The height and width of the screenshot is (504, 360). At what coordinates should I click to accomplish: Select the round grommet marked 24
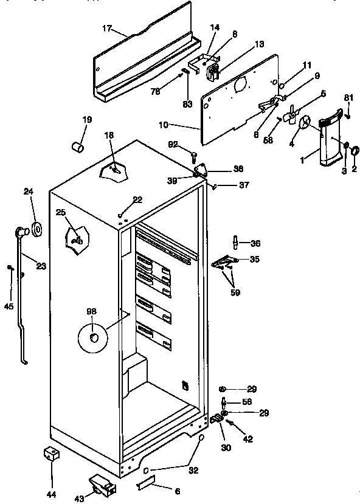click(x=36, y=229)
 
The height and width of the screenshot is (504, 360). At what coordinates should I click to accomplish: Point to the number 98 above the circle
click(x=91, y=311)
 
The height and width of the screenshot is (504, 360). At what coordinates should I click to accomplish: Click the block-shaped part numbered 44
click(x=51, y=454)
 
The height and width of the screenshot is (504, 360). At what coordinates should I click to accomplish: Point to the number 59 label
click(x=235, y=292)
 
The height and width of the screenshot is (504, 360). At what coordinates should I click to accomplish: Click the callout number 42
click(x=248, y=439)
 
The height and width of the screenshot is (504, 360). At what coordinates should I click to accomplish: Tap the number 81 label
click(x=348, y=97)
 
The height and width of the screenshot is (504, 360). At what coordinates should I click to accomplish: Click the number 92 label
click(x=173, y=144)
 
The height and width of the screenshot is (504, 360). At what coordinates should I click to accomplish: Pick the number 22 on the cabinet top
click(x=137, y=200)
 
